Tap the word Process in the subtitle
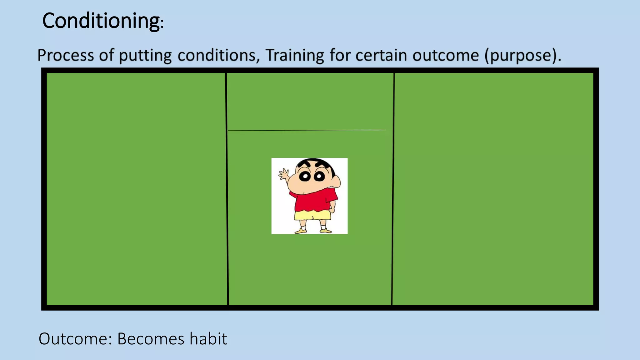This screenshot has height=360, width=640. pyautogui.click(x=65, y=55)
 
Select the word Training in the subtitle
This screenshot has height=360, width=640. pyautogui.click(x=295, y=55)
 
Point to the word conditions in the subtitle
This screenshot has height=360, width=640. pyautogui.click(x=217, y=55)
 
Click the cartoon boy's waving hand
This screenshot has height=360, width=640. pyautogui.click(x=284, y=174)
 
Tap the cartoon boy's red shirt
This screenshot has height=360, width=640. pyautogui.click(x=312, y=202)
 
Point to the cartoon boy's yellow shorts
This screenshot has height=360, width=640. pyautogui.click(x=312, y=215)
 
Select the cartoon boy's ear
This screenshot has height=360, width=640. pyautogui.click(x=336, y=182)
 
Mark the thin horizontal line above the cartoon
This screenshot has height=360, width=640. pyautogui.click(x=306, y=130)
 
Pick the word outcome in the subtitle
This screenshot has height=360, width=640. pyautogui.click(x=445, y=55)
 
